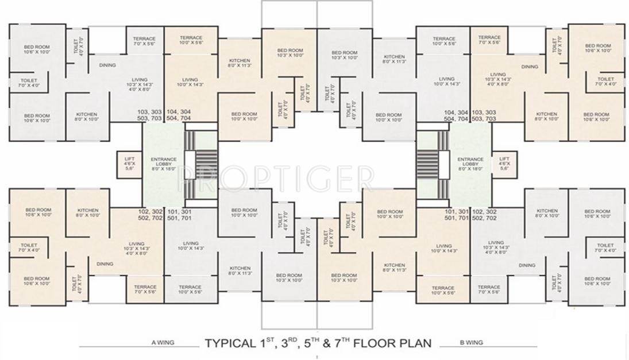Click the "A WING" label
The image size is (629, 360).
163,343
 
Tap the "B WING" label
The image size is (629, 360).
472,343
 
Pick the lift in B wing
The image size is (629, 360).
504,163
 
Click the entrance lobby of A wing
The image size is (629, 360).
163,163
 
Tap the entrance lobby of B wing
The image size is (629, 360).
470,163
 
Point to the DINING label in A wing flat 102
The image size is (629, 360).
105,264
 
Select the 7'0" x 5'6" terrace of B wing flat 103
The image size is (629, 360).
489,40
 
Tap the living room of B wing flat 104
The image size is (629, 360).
446,81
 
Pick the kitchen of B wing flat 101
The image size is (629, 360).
394,268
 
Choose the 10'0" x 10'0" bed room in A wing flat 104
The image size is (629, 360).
244,116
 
